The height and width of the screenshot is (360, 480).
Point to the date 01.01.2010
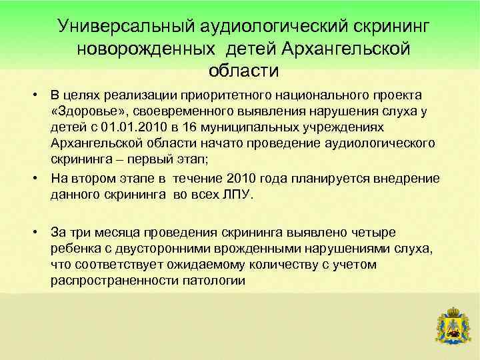[125, 127]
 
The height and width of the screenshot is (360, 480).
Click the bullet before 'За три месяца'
[33, 232]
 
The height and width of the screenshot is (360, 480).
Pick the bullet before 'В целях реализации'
[33, 94]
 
